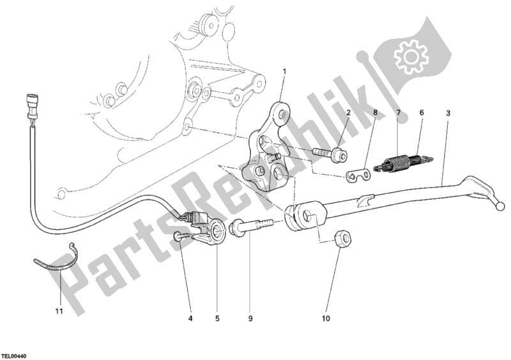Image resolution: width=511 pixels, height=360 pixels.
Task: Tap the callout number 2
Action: click(x=349, y=113)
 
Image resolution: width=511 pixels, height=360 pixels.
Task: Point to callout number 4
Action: click(x=190, y=317)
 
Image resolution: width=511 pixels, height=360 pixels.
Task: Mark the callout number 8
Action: click(x=375, y=113)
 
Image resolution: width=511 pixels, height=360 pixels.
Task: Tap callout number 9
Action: click(x=250, y=317)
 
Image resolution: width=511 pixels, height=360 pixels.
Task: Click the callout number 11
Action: click(x=58, y=311)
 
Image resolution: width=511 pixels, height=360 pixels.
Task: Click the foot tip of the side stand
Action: click(x=500, y=205)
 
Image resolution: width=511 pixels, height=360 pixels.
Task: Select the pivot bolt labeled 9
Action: click(x=252, y=225)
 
